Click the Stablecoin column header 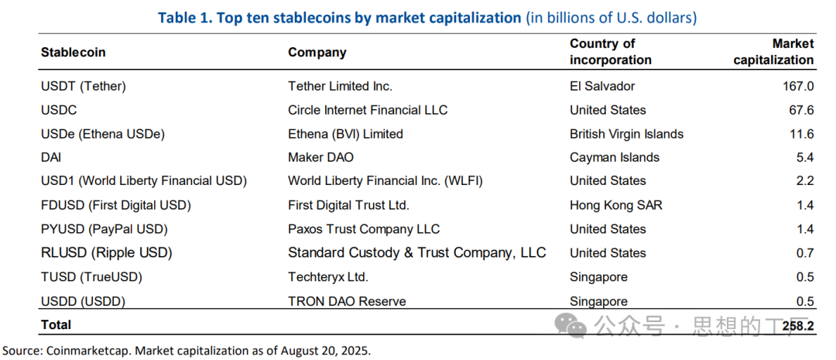(x=73, y=53)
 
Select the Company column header (x=317, y=53)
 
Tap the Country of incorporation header (x=611, y=52)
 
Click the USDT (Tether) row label (x=83, y=86)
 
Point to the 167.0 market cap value (x=798, y=86)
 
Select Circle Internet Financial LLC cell (x=368, y=110)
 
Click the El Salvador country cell (x=602, y=86)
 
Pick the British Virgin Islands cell (x=626, y=134)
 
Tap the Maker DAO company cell (x=320, y=157)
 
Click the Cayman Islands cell (x=615, y=157)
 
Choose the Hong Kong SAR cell (x=616, y=205)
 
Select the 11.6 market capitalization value (x=801, y=134)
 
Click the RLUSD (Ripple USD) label (x=106, y=252)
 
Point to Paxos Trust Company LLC (x=364, y=229)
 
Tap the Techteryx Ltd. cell (x=327, y=276)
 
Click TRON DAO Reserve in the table (x=347, y=301)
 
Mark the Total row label (x=56, y=324)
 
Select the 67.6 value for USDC (x=801, y=110)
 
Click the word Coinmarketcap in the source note (x=81, y=350)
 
